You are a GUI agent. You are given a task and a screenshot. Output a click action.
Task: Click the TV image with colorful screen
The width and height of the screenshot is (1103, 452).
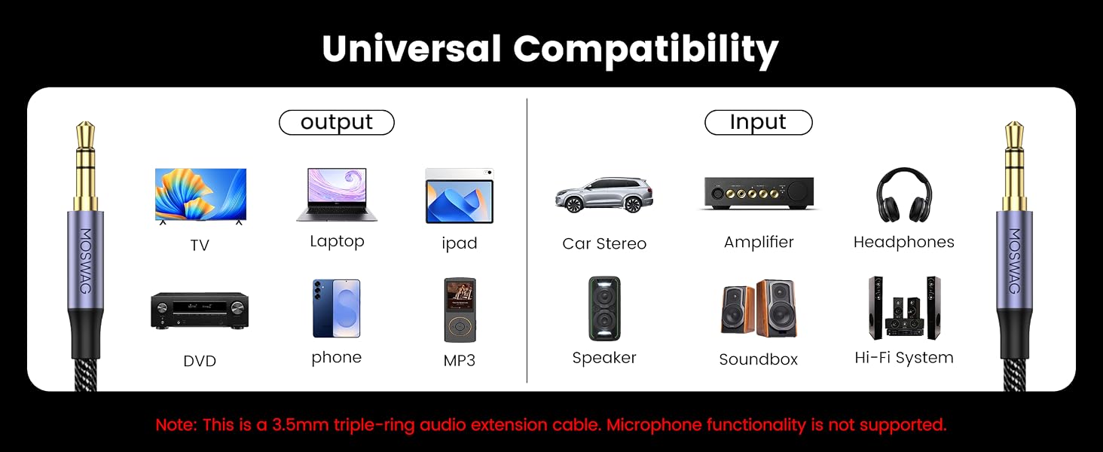[x=200, y=196]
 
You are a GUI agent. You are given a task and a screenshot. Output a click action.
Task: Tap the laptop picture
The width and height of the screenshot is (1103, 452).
[x=337, y=194]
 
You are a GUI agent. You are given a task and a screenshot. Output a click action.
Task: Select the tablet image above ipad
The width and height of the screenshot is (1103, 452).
[x=460, y=196]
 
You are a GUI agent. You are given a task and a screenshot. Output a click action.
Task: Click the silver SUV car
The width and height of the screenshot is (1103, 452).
[x=603, y=195]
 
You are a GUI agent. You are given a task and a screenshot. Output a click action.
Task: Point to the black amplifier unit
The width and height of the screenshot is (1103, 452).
[x=759, y=193]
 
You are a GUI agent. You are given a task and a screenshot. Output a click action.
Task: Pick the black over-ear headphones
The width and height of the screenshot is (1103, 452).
[x=904, y=195]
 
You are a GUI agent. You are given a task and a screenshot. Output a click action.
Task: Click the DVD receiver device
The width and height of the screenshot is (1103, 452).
[x=200, y=310]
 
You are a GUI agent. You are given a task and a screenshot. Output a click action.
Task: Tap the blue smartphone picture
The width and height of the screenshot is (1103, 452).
[x=336, y=308]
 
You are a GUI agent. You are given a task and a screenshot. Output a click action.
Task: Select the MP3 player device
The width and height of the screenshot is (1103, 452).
[x=460, y=310]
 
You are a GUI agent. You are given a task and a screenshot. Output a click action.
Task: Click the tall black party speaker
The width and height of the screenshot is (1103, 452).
[x=604, y=308]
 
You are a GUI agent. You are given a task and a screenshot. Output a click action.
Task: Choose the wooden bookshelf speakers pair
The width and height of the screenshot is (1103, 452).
[x=759, y=308]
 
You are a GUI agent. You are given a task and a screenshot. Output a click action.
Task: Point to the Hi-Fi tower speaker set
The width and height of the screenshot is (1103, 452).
[x=904, y=307]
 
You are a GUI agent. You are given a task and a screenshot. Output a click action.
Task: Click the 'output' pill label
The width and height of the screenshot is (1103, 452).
[x=337, y=122]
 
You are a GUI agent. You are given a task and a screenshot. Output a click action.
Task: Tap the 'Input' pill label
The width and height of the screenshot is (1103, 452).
[x=758, y=122]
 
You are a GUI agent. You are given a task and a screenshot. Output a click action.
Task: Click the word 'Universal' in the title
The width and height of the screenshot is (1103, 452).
[x=411, y=49]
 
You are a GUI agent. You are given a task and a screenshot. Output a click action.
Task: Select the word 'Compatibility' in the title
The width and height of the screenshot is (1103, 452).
[x=646, y=50]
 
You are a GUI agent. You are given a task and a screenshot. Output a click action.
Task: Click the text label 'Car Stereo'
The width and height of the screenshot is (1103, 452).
[x=604, y=243]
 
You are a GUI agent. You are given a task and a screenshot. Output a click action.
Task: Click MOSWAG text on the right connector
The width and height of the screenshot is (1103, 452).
[x=1014, y=261]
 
